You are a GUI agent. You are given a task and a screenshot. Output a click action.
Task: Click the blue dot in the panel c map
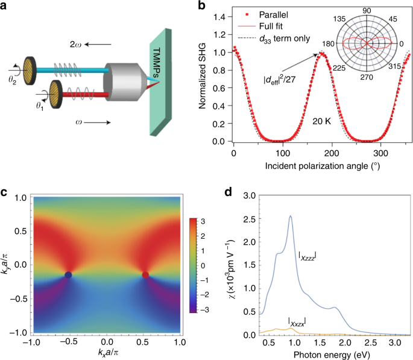[x=68, y=275]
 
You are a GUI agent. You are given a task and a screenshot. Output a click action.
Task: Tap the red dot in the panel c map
[x=145, y=275]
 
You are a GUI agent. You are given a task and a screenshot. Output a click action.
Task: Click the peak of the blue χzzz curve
[x=291, y=216]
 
